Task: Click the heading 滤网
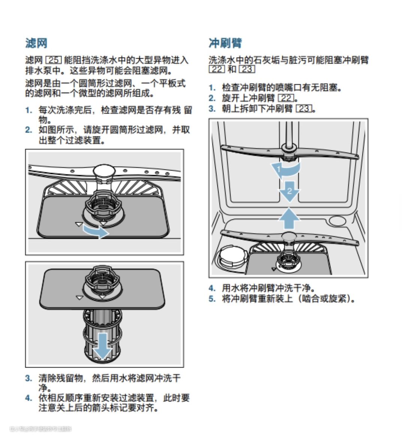click(x=36, y=43)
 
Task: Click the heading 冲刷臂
click(x=225, y=43)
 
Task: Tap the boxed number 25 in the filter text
click(x=53, y=60)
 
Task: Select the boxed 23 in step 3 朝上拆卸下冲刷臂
click(x=303, y=109)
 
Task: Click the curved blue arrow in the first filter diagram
click(x=96, y=231)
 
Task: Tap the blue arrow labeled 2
click(x=289, y=191)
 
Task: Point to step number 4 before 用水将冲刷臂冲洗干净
click(x=212, y=288)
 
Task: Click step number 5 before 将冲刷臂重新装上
click(x=212, y=299)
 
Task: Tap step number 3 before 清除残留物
click(x=29, y=378)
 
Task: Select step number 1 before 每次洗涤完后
click(x=29, y=110)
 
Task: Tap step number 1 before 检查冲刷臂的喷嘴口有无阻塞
click(x=212, y=88)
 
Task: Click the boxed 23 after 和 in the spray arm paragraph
click(x=247, y=69)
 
